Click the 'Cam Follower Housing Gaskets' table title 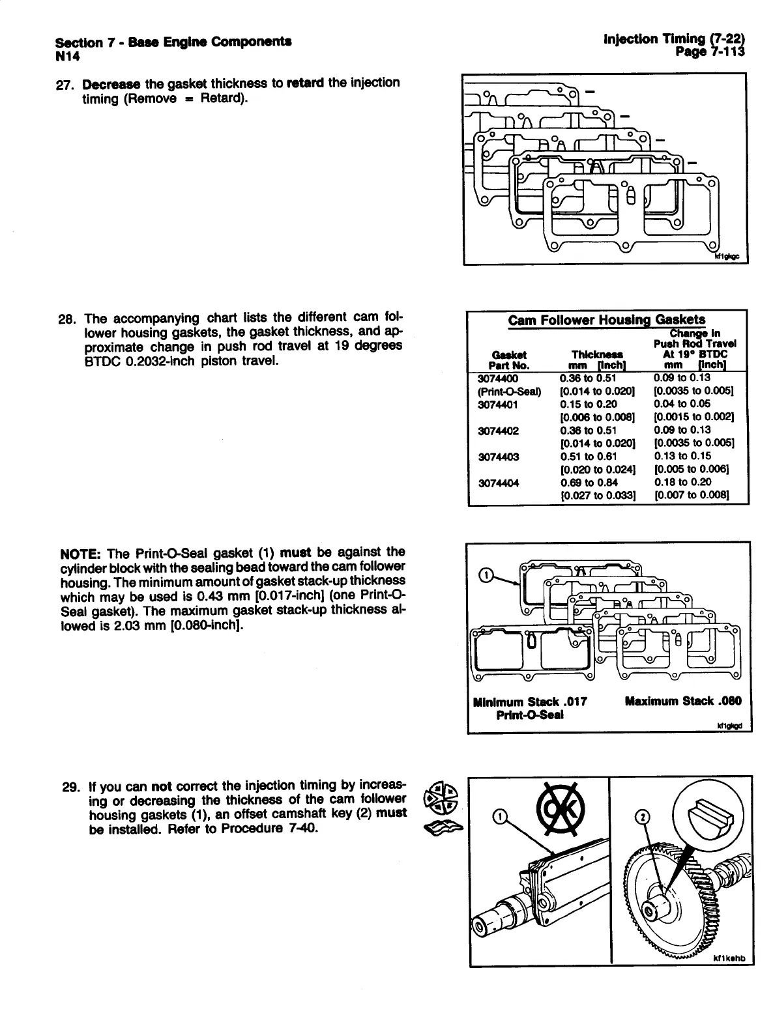(606, 320)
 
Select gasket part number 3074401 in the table (498, 404)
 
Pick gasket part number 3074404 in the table (498, 483)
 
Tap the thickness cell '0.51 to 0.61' (587, 457)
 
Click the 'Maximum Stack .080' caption (682, 702)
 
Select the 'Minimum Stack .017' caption (530, 702)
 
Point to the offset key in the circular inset (713, 810)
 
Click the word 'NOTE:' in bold (79, 554)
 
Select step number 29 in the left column (70, 786)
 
